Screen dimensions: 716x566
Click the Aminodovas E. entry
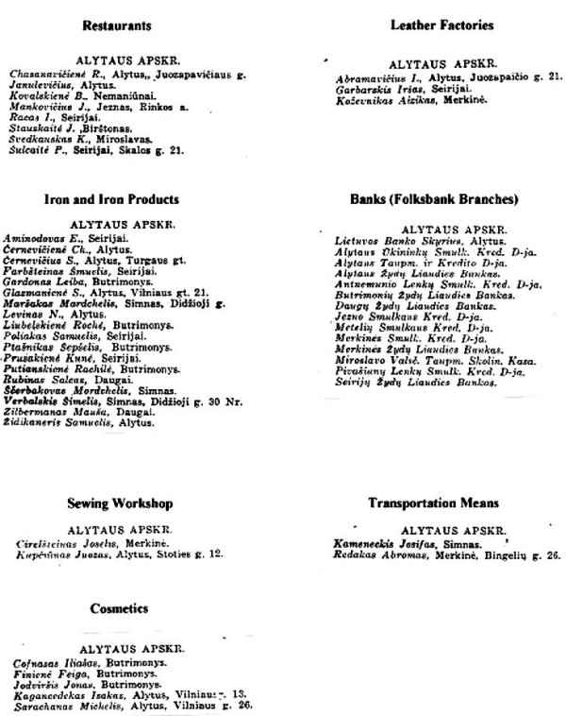click(x=55, y=239)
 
